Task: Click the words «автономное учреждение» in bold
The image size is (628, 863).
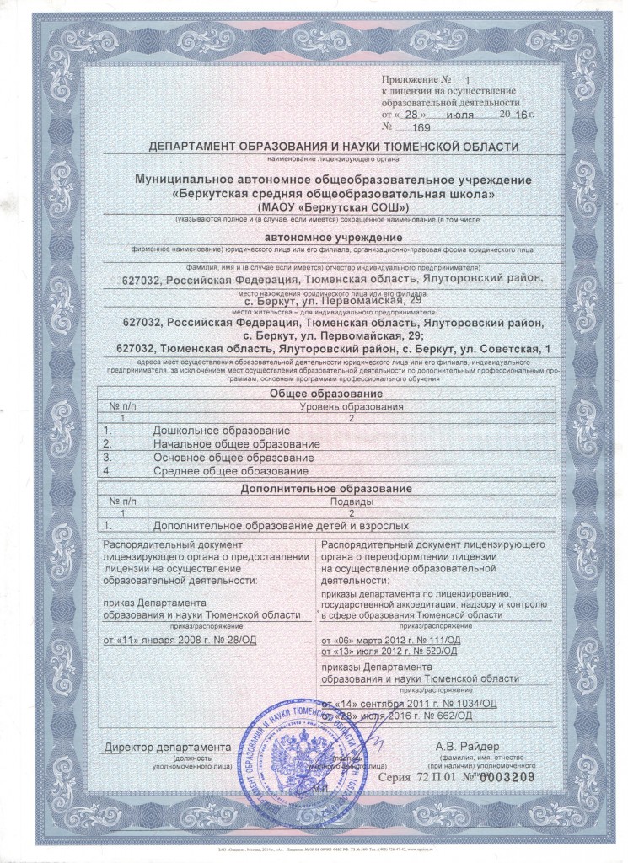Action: pos(328,239)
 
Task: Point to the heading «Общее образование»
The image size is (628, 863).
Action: pos(326,394)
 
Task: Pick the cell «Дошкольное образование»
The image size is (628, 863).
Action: pos(221,431)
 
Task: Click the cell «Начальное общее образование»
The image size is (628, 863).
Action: pos(236,444)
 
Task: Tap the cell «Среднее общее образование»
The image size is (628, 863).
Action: pos(230,471)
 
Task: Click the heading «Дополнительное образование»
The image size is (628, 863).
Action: pos(326,489)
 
